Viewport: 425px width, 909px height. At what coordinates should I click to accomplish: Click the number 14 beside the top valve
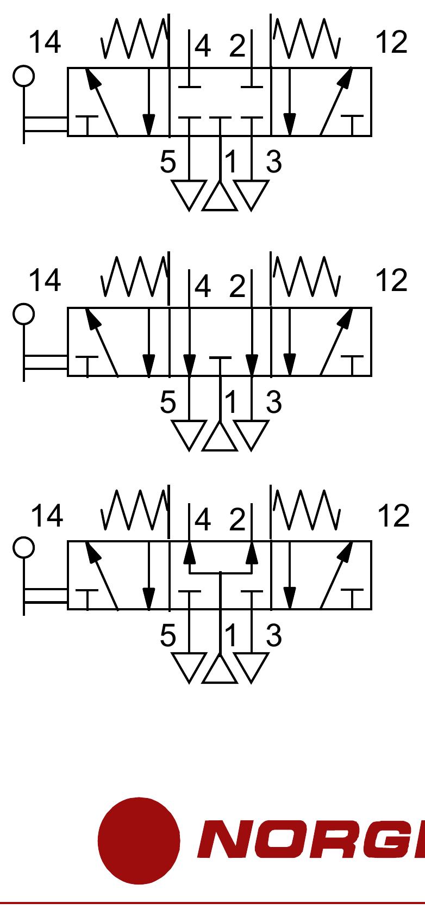[x=45, y=42]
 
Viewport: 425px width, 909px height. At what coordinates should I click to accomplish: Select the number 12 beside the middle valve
[x=391, y=280]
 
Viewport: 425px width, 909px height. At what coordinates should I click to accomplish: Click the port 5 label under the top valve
[x=168, y=162]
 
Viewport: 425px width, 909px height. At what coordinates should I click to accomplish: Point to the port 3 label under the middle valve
[x=273, y=402]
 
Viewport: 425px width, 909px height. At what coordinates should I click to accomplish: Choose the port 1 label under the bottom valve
[x=232, y=635]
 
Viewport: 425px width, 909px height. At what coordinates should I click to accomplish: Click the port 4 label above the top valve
[x=202, y=47]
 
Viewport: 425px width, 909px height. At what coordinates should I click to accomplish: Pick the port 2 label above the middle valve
[x=237, y=286]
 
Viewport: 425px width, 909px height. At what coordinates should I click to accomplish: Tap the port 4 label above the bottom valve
[x=202, y=520]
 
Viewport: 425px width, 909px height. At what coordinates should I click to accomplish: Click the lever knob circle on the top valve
[x=23, y=76]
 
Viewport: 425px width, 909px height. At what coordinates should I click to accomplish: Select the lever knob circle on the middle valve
[x=23, y=314]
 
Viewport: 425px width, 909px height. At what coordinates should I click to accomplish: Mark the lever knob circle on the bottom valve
[x=23, y=548]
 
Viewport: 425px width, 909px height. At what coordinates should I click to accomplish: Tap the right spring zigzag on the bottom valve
[x=307, y=510]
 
